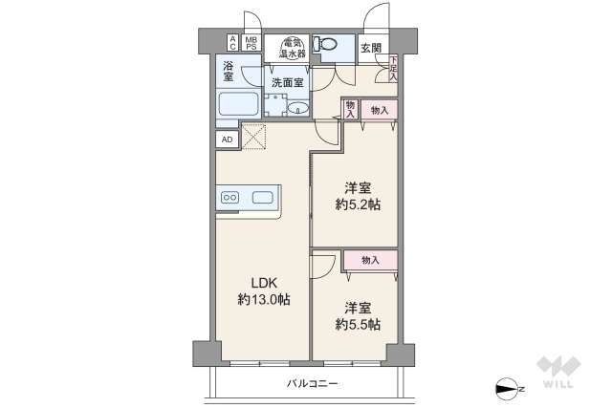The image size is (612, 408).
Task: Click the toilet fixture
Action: pyautogui.click(x=326, y=46)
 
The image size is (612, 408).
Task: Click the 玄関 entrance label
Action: pyautogui.click(x=371, y=48)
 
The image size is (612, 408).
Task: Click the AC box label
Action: pyautogui.click(x=231, y=42)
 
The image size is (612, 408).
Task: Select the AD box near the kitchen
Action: pyautogui.click(x=227, y=139)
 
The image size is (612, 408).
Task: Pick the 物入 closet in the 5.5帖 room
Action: pyautogui.click(x=371, y=260)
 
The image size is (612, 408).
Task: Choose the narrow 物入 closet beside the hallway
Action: pyautogui.click(x=350, y=109)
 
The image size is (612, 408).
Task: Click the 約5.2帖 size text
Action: pyautogui.click(x=358, y=204)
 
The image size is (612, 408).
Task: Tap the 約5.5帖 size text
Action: pyautogui.click(x=358, y=325)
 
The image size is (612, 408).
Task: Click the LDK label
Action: pyautogui.click(x=264, y=283)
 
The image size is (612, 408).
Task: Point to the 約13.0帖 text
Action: pyautogui.click(x=264, y=300)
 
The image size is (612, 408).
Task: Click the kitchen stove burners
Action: pyautogui.click(x=230, y=198)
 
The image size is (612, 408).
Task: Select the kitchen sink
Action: pyautogui.click(x=262, y=198)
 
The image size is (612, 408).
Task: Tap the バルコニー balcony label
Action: pyautogui.click(x=313, y=383)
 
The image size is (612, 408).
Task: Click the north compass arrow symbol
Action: pyautogui.click(x=506, y=388)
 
